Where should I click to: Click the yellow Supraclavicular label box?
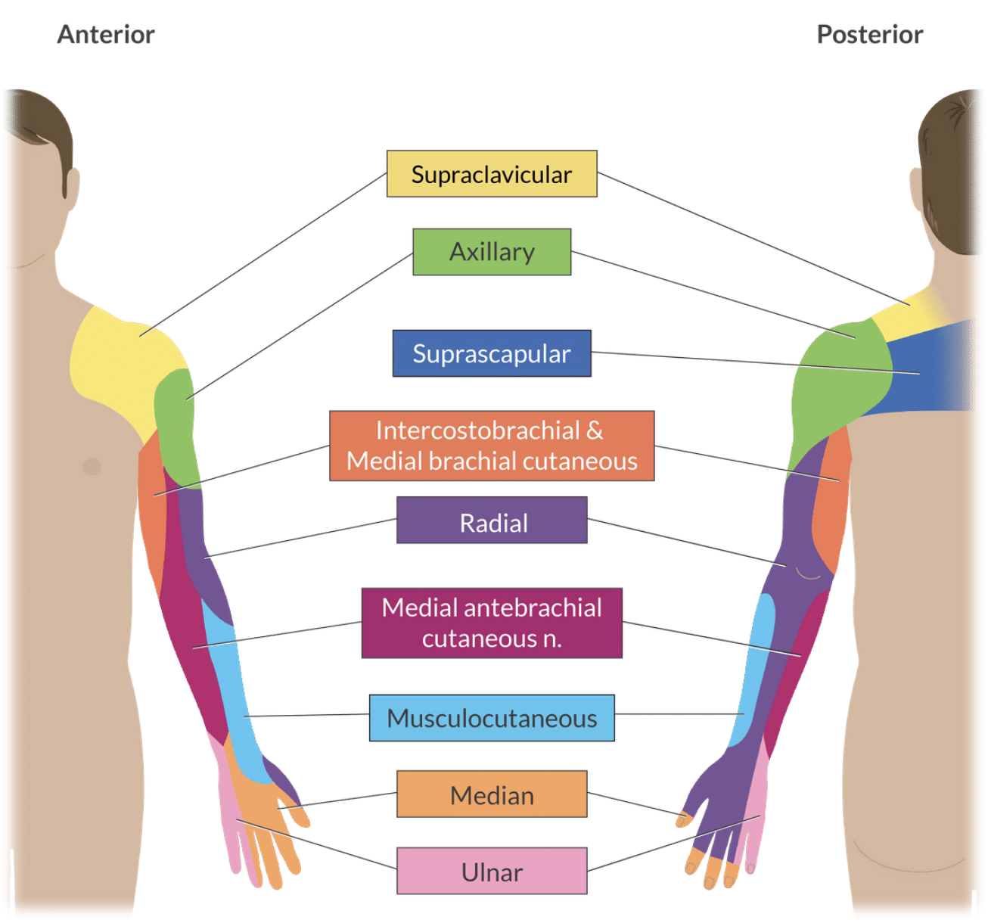click(492, 174)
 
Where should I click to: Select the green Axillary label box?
click(492, 252)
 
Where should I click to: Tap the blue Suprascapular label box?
click(492, 353)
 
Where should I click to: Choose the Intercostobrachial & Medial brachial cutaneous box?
click(492, 446)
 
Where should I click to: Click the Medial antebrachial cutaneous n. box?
click(492, 623)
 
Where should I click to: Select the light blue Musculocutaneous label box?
click(492, 718)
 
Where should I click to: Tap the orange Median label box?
click(492, 794)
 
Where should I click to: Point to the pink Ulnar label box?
click(492, 871)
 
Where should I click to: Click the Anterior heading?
click(106, 35)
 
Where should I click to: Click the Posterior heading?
click(870, 35)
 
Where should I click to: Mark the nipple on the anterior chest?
click(92, 466)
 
